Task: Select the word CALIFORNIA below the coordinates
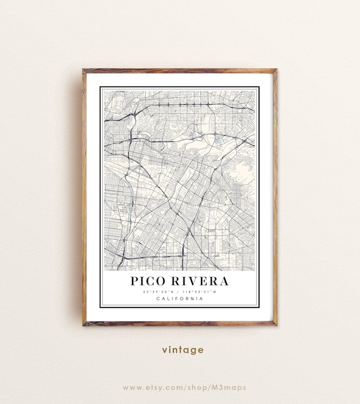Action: tap(180, 299)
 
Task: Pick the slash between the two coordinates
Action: tap(180, 292)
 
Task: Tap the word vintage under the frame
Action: tap(183, 350)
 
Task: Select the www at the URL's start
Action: tap(130, 387)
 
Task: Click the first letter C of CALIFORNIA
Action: tap(158, 299)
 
